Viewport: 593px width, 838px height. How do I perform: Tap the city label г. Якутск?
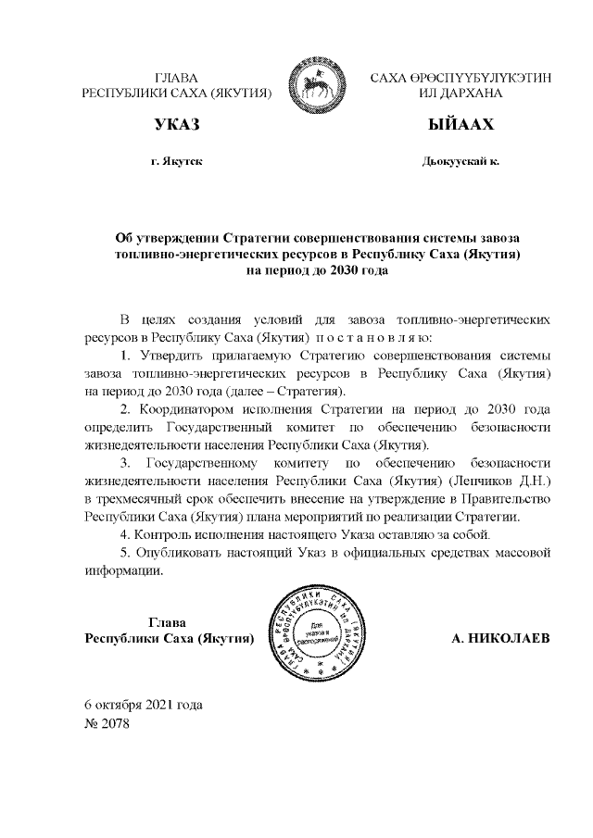(x=176, y=161)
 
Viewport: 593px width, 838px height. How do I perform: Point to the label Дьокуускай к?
(x=461, y=161)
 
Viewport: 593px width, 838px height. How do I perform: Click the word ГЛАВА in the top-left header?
(x=176, y=77)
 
